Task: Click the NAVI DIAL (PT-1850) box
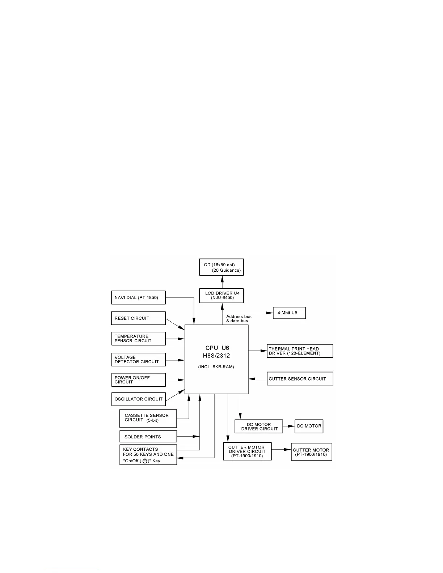click(x=138, y=298)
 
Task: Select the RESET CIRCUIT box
click(x=138, y=318)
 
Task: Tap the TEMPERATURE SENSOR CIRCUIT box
click(x=138, y=339)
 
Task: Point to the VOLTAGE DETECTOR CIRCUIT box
click(x=138, y=360)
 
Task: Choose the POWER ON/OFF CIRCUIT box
click(x=138, y=380)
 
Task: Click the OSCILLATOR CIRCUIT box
click(x=138, y=399)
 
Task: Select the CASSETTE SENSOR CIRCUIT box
click(x=148, y=418)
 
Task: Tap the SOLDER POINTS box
click(x=148, y=437)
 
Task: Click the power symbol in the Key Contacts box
click(x=145, y=461)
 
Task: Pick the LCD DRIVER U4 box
click(x=221, y=296)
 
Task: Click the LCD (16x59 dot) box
click(x=221, y=267)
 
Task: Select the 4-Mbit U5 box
click(x=289, y=313)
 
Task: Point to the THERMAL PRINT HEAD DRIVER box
click(x=300, y=351)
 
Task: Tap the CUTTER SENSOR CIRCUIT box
click(x=300, y=379)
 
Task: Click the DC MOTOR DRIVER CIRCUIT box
click(x=258, y=426)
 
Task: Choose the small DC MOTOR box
click(x=309, y=426)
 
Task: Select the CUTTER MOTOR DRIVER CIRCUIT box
click(x=247, y=451)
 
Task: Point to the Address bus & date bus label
click(x=239, y=319)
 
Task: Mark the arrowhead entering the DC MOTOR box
click(x=292, y=426)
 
